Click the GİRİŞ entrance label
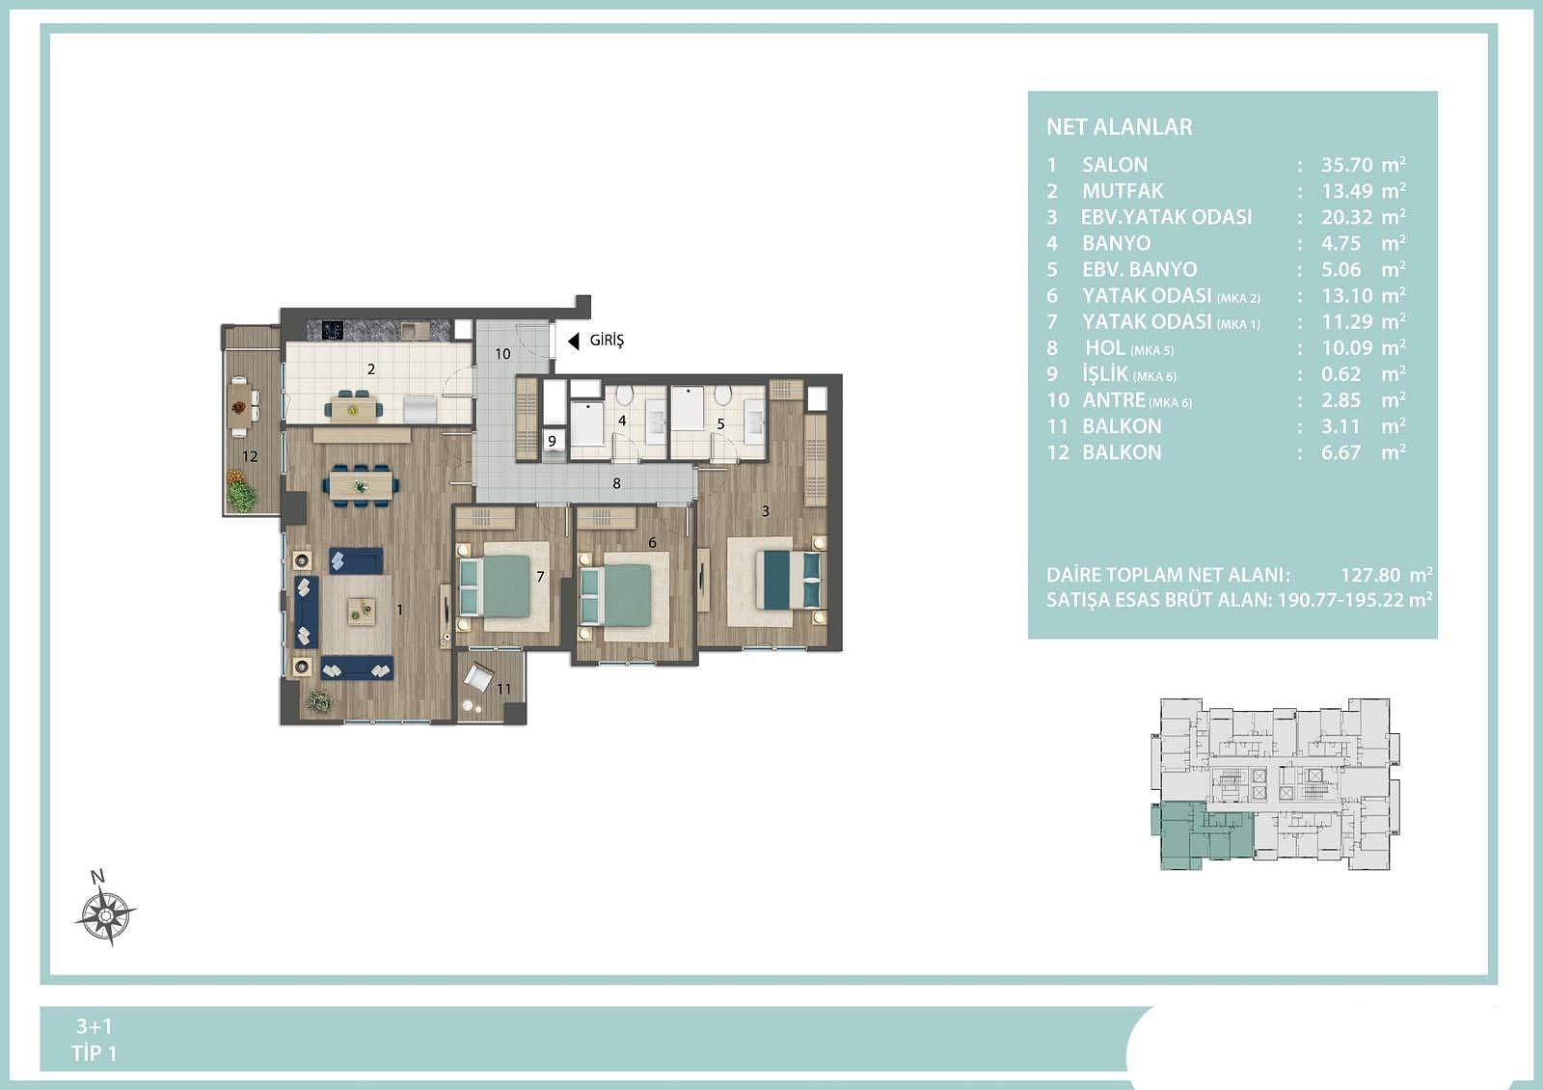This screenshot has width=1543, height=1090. (x=607, y=341)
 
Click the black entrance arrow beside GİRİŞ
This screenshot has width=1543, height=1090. (x=573, y=341)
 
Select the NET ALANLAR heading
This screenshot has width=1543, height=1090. (x=1120, y=126)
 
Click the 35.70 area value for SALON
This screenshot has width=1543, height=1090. (x=1346, y=165)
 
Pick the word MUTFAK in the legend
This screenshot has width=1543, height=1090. (x=1123, y=191)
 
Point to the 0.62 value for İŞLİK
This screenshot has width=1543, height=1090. (x=1341, y=374)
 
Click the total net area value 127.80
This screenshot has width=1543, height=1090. (x=1370, y=575)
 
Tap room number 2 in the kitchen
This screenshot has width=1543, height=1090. (x=371, y=369)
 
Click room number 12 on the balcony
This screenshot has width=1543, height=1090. (x=250, y=456)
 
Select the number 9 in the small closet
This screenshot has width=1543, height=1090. (x=552, y=441)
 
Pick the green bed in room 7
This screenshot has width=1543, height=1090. (x=495, y=586)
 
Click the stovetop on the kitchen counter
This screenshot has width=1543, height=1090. (x=334, y=331)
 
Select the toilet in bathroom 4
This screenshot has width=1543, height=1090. (x=624, y=395)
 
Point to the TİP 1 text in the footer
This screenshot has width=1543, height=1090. (x=95, y=1053)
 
